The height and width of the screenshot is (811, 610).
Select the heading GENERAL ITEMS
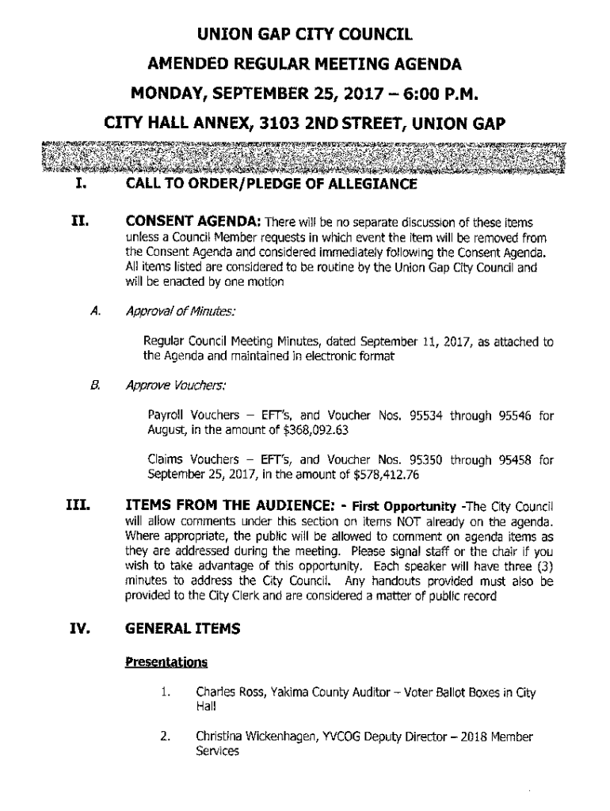(x=182, y=631)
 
